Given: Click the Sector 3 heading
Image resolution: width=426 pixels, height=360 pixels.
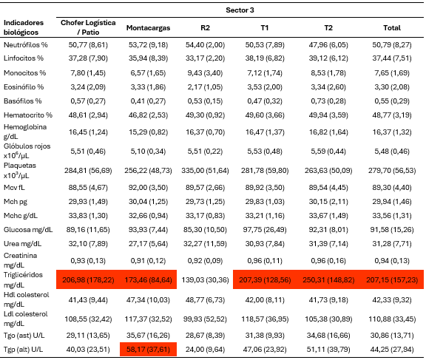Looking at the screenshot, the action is pyautogui.click(x=240, y=10).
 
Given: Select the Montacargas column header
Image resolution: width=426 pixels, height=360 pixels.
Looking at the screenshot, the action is pyautogui.click(x=148, y=27).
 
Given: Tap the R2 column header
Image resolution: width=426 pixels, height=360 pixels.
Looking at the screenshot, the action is pyautogui.click(x=205, y=27).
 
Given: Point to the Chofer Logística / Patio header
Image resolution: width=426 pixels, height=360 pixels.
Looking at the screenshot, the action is pyautogui.click(x=88, y=27).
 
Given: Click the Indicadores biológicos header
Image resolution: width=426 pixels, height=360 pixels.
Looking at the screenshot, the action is pyautogui.click(x=24, y=27).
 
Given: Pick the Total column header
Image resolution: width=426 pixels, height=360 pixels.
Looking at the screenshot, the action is pyautogui.click(x=392, y=27).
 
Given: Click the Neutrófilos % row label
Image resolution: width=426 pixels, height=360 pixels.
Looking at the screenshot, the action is pyautogui.click(x=26, y=45).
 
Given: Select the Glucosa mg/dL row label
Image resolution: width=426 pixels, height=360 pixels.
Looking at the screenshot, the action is pyautogui.click(x=28, y=230).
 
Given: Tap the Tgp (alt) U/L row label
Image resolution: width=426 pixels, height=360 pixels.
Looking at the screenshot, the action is pyautogui.click(x=23, y=349).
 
